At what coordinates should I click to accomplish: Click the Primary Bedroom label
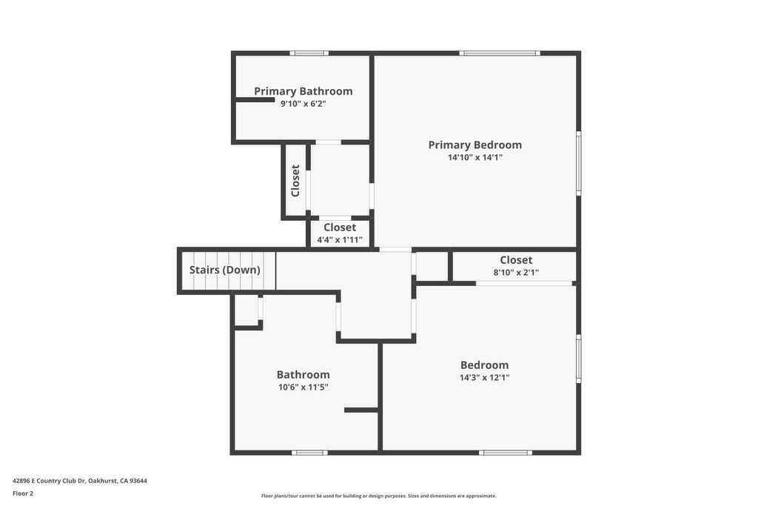pyautogui.click(x=474, y=145)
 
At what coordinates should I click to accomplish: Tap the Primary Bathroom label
pyautogui.click(x=303, y=91)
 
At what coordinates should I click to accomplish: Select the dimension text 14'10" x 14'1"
pyautogui.click(x=474, y=157)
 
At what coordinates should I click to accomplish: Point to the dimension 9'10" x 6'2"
pyautogui.click(x=303, y=104)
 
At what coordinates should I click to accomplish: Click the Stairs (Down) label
pyautogui.click(x=224, y=270)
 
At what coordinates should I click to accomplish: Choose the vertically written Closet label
pyautogui.click(x=295, y=180)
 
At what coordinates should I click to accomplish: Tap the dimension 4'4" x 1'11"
pyautogui.click(x=340, y=239)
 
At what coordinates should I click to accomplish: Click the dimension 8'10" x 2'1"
pyautogui.click(x=516, y=272)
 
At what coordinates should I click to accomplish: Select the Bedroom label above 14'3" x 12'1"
pyautogui.click(x=484, y=364)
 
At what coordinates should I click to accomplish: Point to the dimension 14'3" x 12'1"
pyautogui.click(x=484, y=377)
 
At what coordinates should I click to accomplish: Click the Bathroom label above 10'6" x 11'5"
pyautogui.click(x=303, y=374)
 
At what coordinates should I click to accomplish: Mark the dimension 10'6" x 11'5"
pyautogui.click(x=303, y=387)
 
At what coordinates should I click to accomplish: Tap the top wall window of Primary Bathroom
pyautogui.click(x=309, y=53)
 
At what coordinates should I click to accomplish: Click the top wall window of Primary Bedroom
pyautogui.click(x=499, y=53)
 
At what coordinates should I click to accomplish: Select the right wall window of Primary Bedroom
pyautogui.click(x=579, y=163)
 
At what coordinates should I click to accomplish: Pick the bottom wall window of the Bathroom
pyautogui.click(x=309, y=452)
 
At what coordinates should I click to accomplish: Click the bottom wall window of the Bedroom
pyautogui.click(x=505, y=452)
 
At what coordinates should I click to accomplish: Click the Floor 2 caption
pyautogui.click(x=23, y=493)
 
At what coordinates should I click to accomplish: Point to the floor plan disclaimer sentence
pyautogui.click(x=378, y=496)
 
